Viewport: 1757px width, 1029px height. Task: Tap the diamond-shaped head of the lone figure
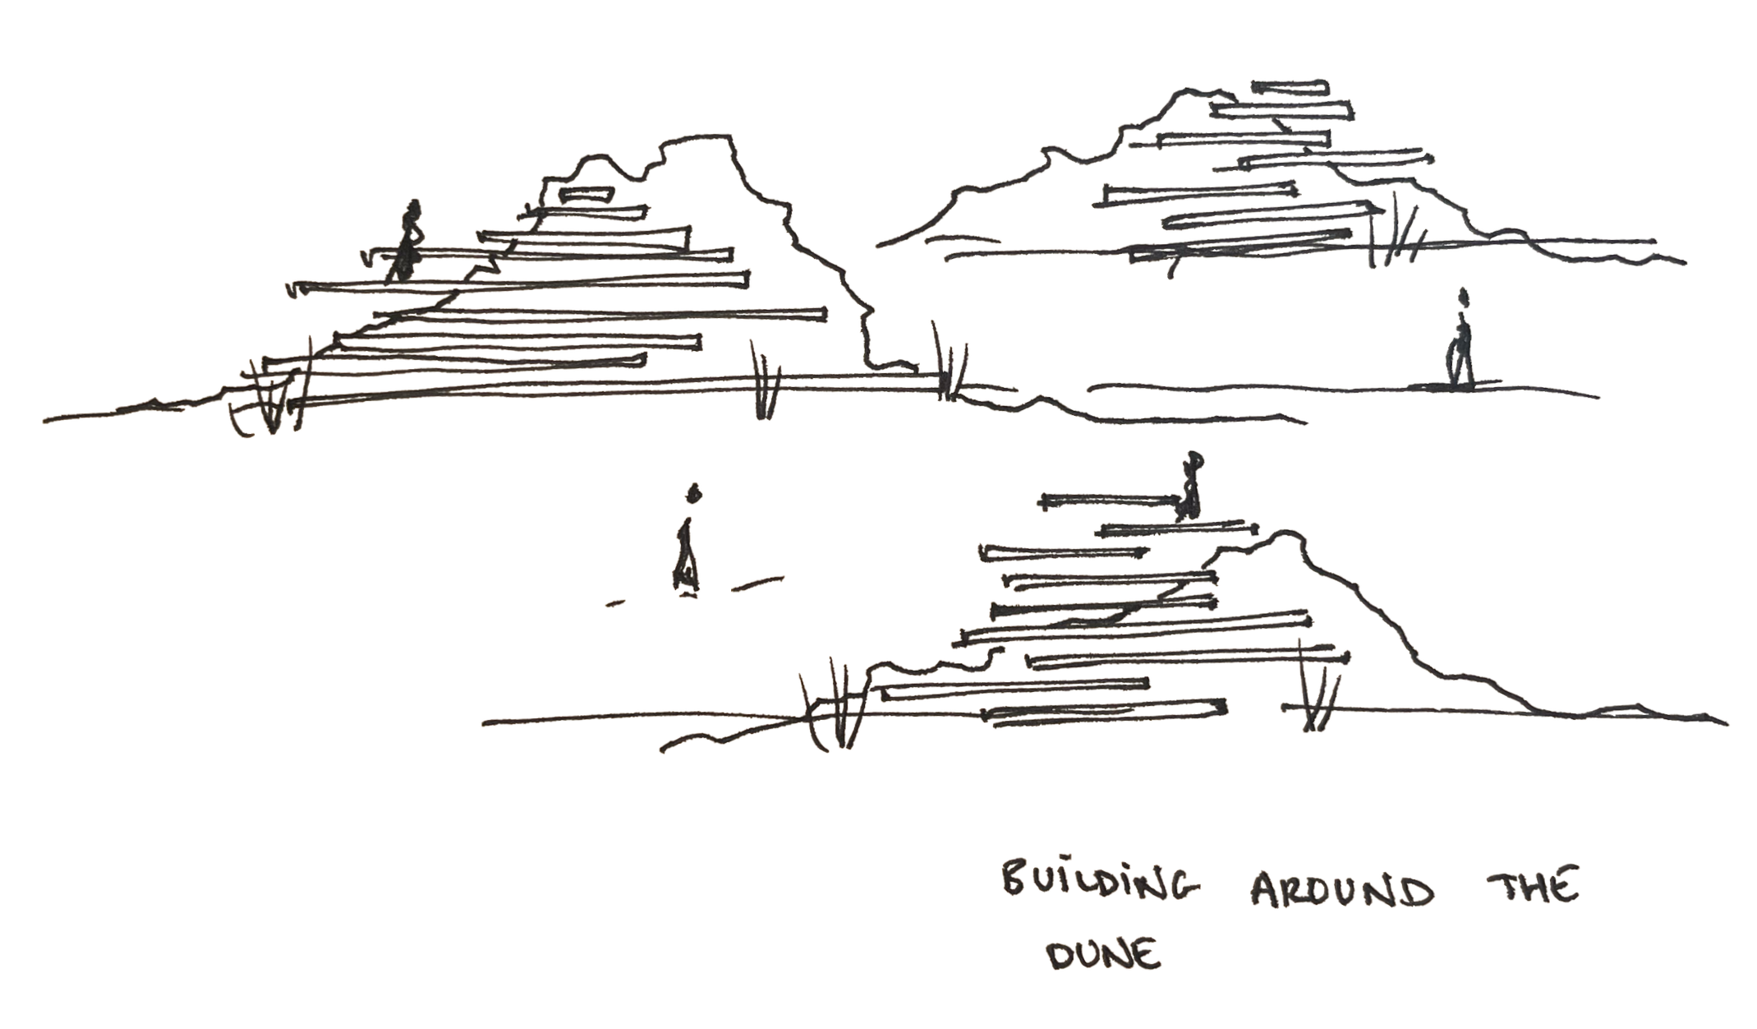[694, 492]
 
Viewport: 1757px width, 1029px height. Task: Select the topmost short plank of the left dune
[585, 195]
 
